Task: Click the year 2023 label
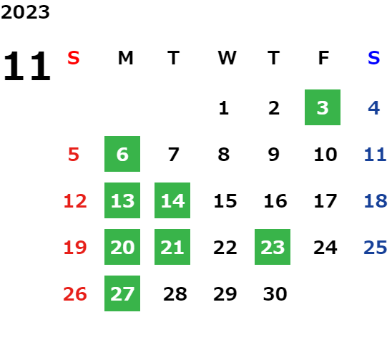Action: [x=25, y=12]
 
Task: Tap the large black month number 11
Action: [x=27, y=66]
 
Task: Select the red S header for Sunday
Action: [x=74, y=58]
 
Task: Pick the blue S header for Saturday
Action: [x=373, y=58]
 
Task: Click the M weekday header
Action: [x=125, y=58]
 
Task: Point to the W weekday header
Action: [x=227, y=58]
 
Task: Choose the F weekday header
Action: [x=324, y=58]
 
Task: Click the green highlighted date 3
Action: [x=323, y=107]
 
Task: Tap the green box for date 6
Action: [x=122, y=154]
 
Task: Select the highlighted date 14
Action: [x=172, y=200]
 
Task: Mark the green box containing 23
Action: [x=273, y=247]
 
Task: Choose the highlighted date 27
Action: [x=122, y=293]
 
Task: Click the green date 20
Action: [x=122, y=247]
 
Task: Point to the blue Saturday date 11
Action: [x=375, y=155]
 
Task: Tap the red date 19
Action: [x=75, y=248]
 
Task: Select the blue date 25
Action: [x=376, y=248]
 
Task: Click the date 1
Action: [x=223, y=108]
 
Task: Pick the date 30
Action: [x=275, y=294]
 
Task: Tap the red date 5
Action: [x=74, y=155]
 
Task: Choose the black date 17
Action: [x=325, y=201]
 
